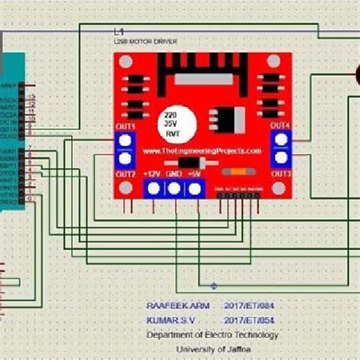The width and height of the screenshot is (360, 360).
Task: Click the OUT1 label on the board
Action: point(125,126)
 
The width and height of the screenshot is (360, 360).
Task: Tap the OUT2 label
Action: point(125,175)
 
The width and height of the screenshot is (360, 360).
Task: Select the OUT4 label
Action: point(280,125)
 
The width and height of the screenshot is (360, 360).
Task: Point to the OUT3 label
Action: point(280,175)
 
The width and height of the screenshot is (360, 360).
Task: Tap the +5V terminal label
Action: point(195,175)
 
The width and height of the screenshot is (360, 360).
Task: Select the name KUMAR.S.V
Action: point(168,320)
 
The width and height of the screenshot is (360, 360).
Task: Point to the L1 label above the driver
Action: point(118,33)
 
